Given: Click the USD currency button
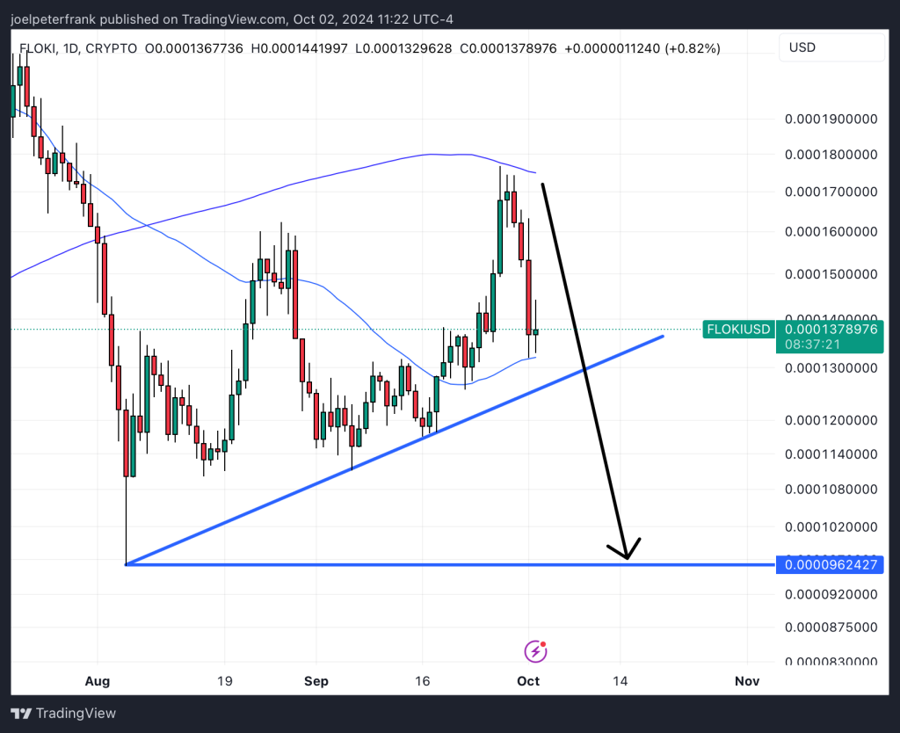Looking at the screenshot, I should (831, 47).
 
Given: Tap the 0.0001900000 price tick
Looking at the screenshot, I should (831, 119).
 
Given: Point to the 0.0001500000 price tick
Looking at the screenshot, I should (831, 273).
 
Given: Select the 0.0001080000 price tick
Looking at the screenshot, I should (831, 489).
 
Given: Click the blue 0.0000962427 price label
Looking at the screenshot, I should (831, 564).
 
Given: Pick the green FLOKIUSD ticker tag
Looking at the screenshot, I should (738, 330).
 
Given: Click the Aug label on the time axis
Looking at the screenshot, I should (98, 681).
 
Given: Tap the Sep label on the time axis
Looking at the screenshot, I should (316, 681).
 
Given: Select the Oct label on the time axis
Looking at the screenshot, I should (528, 681).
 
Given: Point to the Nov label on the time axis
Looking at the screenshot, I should (747, 681).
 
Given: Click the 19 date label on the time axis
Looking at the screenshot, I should (224, 681).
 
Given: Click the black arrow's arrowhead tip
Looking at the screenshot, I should (627, 558).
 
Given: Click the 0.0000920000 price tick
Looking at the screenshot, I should (831, 594).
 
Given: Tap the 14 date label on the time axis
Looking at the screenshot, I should (621, 681).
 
